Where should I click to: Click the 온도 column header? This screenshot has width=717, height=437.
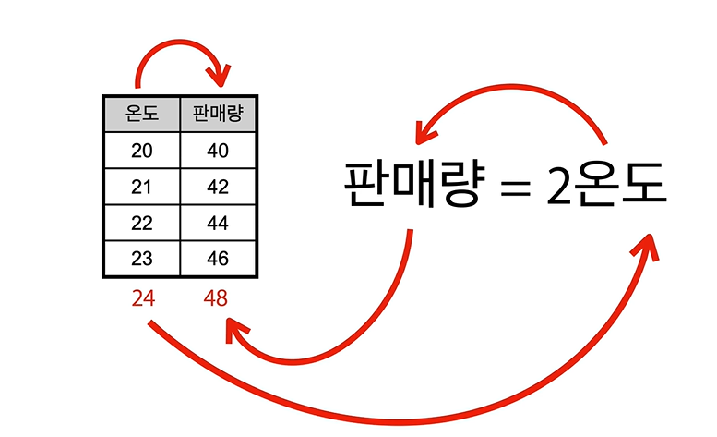(141, 114)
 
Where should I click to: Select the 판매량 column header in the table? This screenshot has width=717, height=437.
(218, 114)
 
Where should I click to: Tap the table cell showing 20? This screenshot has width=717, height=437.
(141, 150)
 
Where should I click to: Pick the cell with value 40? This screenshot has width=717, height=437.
(218, 150)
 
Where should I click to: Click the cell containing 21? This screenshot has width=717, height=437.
(141, 187)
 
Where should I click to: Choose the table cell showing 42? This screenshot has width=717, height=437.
(218, 187)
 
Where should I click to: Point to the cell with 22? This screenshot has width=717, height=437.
(141, 223)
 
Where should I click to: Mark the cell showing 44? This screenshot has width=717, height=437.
(218, 223)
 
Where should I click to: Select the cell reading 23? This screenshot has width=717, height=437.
(141, 259)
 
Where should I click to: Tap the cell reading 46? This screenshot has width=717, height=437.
(218, 259)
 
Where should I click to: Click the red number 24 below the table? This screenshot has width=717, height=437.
(142, 299)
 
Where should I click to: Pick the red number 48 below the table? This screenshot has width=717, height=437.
(216, 299)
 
